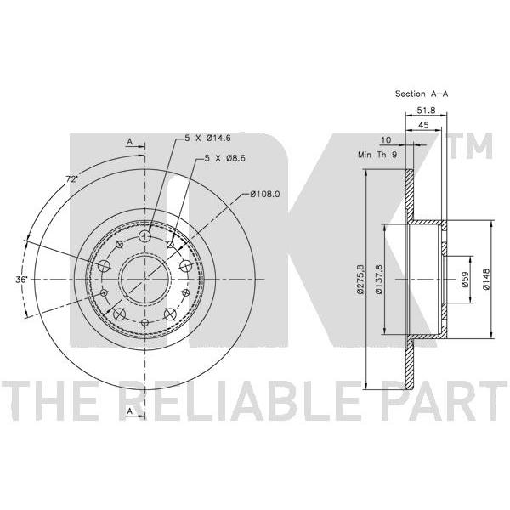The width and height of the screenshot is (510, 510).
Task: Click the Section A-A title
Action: [x=422, y=93]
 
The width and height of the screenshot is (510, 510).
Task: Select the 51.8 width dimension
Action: [x=426, y=110]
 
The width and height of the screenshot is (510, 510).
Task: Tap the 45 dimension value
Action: [x=423, y=125]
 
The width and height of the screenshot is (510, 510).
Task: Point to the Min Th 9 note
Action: [x=377, y=155]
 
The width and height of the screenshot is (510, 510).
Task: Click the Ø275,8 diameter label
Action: [x=360, y=280]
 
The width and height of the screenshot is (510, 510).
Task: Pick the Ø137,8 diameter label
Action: [x=379, y=280]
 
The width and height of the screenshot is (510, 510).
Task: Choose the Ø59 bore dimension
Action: [x=465, y=280]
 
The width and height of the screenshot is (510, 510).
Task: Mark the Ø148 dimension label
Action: [x=486, y=280]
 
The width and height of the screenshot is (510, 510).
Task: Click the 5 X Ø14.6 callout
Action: [x=207, y=138]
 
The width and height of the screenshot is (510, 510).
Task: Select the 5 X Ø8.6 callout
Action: [x=224, y=158]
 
